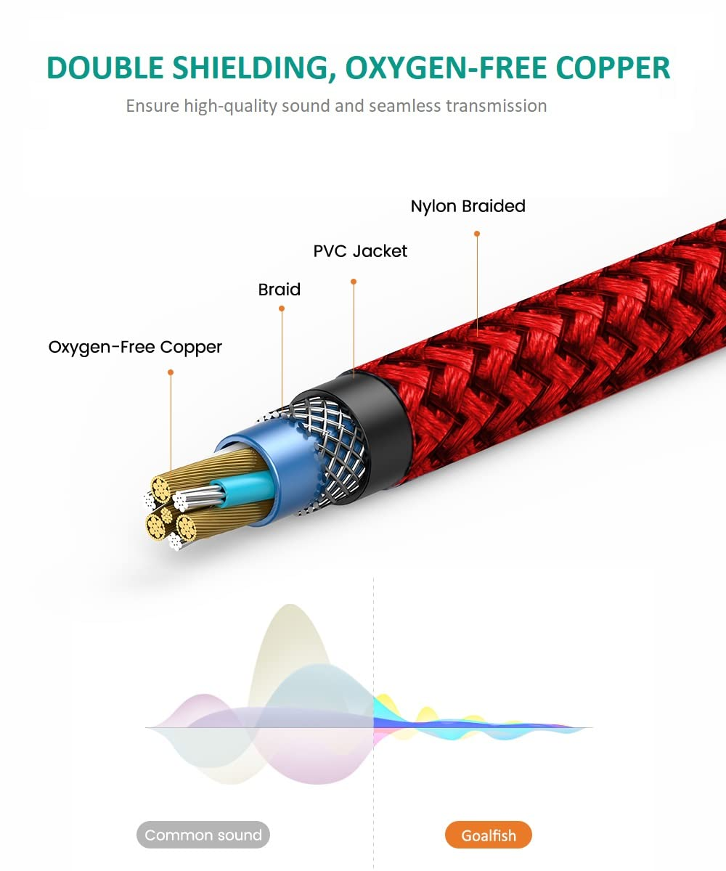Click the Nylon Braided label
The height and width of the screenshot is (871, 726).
pyautogui.click(x=468, y=206)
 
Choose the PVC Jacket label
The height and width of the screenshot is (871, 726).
pyautogui.click(x=360, y=251)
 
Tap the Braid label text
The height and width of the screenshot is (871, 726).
pyautogui.click(x=279, y=290)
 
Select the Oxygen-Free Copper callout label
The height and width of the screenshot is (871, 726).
pyautogui.click(x=135, y=347)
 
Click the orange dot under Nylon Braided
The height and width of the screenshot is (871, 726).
pyautogui.click(x=477, y=234)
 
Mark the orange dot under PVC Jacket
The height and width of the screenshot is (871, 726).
pyautogui.click(x=354, y=281)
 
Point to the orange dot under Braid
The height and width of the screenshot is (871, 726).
pyautogui.click(x=282, y=308)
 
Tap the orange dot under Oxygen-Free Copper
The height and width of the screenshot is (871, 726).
pyautogui.click(x=171, y=372)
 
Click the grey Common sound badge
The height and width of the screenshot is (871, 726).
pyautogui.click(x=203, y=835)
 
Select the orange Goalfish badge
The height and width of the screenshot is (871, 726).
pyautogui.click(x=489, y=835)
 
